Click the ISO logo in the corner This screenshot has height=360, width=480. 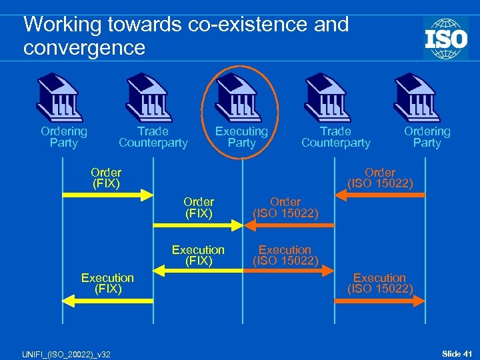[x=445, y=38]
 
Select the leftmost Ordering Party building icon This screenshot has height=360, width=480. [x=61, y=97]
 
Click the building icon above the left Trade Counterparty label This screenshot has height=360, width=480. [x=151, y=97]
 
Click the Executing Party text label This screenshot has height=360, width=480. [x=241, y=137]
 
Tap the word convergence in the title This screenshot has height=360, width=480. [x=84, y=48]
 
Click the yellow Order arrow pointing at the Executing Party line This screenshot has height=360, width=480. [x=197, y=226]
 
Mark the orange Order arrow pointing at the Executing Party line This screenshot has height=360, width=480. [x=287, y=226]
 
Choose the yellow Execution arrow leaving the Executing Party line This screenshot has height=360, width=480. [x=197, y=271]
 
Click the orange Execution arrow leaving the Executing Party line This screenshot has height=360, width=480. [x=287, y=271]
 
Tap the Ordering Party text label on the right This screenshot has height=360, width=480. [x=427, y=137]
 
